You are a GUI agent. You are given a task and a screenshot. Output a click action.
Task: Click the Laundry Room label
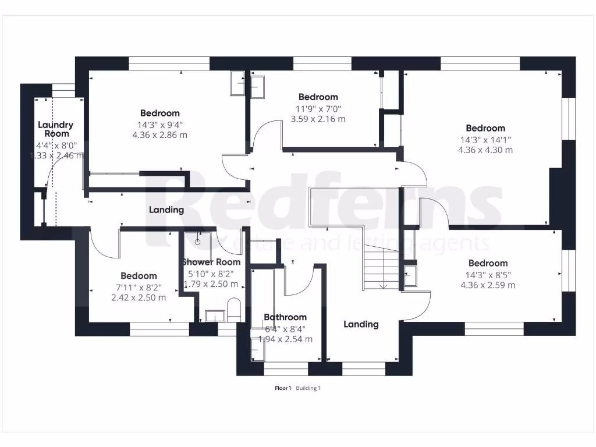(x=55, y=129)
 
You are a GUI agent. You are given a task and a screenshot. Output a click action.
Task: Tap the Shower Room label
(x=211, y=262)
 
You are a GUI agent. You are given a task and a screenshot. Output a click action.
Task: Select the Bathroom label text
(x=285, y=317)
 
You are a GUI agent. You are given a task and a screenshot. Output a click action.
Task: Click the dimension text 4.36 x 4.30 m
(x=485, y=150)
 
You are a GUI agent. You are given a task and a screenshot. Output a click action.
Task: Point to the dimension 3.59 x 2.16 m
(x=318, y=119)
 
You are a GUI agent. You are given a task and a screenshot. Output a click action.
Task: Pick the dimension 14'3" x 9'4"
(x=159, y=124)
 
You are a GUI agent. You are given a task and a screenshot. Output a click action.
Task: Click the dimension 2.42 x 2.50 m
(x=139, y=297)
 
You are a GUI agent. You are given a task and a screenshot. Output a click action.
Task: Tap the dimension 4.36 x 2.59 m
(x=488, y=285)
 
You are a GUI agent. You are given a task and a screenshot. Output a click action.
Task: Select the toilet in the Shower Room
(x=234, y=310)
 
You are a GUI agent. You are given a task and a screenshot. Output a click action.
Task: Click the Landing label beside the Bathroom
(x=361, y=324)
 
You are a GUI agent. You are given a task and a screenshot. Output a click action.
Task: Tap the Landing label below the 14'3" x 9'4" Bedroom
(x=166, y=210)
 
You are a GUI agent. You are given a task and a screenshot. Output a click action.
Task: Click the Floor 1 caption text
(x=283, y=388)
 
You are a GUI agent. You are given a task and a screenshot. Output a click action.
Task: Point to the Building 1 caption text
(x=308, y=388)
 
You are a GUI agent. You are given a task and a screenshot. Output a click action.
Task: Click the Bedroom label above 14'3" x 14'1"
(x=485, y=128)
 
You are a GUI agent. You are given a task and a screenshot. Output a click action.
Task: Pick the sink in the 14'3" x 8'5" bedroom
(x=410, y=275)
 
